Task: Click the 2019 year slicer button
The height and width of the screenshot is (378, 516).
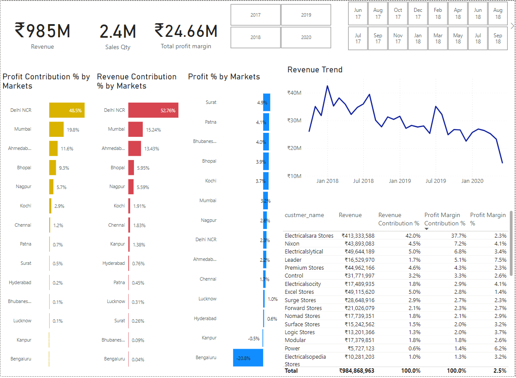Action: [306, 15]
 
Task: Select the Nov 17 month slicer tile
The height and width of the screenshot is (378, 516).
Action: [398, 39]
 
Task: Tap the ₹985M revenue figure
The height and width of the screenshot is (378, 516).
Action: [43, 31]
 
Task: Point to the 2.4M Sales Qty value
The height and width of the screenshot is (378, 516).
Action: [118, 32]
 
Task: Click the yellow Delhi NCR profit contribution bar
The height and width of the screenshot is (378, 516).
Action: [67, 111]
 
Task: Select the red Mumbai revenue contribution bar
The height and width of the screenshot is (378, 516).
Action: [135, 129]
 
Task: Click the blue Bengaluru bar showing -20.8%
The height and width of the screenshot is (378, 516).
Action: [248, 358]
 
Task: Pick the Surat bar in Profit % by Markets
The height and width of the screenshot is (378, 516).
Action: [267, 102]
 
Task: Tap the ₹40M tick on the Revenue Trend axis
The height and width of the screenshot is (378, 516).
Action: [294, 93]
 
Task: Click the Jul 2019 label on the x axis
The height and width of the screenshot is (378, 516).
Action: [436, 181]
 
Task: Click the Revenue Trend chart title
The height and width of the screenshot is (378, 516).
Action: [315, 70]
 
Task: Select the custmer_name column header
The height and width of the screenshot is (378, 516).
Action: [304, 215]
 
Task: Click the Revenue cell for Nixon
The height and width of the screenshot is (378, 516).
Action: [358, 243]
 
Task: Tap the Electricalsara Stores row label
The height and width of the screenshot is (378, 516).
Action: [309, 235]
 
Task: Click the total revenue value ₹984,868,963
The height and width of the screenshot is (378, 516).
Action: [357, 371]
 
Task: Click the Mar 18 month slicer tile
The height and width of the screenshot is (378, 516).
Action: [438, 39]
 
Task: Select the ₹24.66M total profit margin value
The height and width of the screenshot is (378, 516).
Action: [186, 31]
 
